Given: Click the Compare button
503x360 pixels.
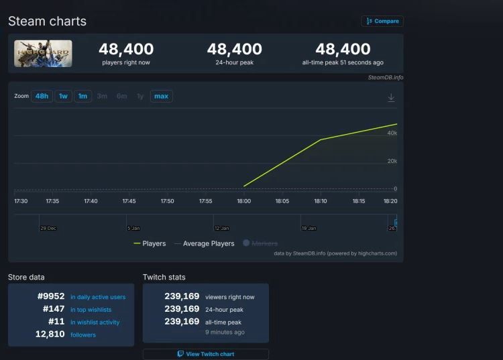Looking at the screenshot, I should point(382,21).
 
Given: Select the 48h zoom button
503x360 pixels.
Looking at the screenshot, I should point(42,97).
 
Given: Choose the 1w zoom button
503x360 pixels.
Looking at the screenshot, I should point(63,97).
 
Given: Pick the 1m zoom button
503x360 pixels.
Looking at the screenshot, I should point(82,97).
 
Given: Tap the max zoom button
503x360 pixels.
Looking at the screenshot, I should point(161,97).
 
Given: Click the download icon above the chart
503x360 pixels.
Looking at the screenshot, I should point(391,98).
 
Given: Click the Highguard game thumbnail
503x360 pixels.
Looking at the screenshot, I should point(43,54).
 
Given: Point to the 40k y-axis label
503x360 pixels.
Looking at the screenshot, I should point(392,133).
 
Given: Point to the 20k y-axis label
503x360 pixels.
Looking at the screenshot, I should point(392,161).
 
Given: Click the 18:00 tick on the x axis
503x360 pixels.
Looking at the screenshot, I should point(244,201).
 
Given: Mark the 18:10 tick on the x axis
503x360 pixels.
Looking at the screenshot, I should point(321,201).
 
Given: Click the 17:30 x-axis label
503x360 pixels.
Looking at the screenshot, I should point(21,201).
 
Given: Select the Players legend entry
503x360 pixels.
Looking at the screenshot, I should point(150,244).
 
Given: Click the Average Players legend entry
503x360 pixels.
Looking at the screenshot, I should point(205,244).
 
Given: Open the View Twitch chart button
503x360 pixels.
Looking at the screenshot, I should point(205,354).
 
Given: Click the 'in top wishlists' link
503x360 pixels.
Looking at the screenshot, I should point(91,310).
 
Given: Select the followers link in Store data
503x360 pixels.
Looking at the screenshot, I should point(82,335).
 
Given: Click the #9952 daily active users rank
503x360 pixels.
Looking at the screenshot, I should point(51,296).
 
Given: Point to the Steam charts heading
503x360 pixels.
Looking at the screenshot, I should point(47,21).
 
